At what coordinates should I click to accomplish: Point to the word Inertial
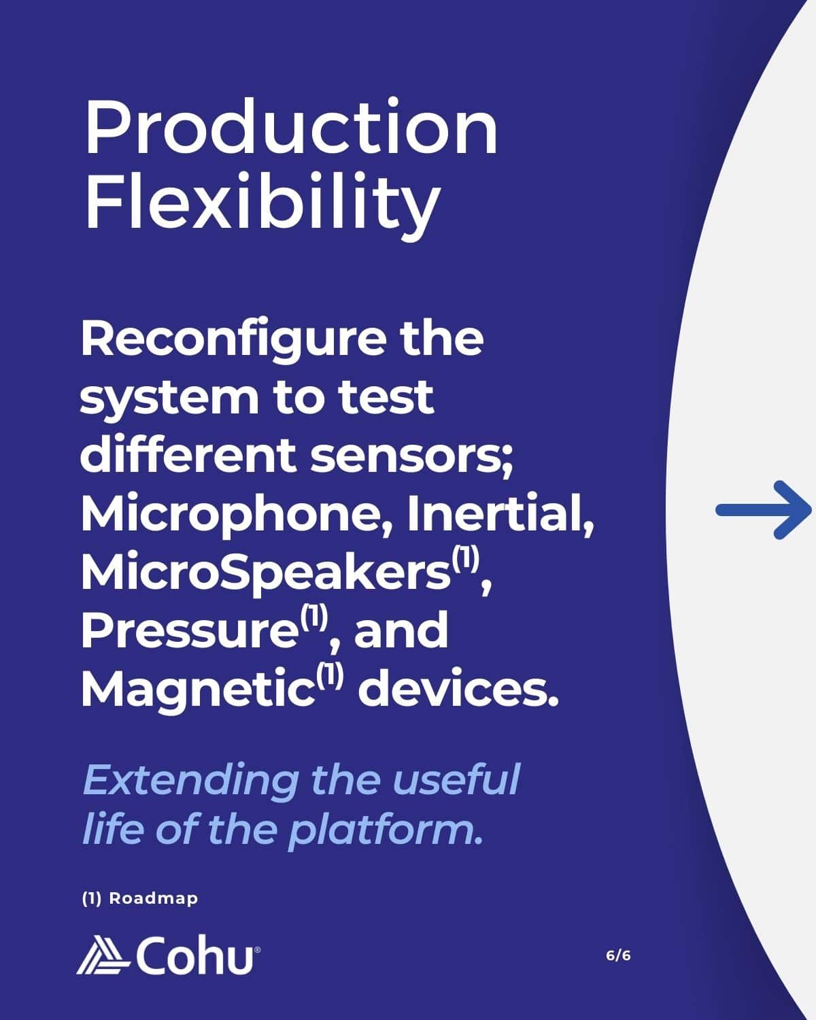coord(500,514)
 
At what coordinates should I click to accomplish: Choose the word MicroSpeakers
coord(265,573)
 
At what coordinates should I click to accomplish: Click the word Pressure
coord(189,630)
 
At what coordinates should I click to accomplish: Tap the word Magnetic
coord(198,690)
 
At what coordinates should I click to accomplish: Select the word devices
coord(458,687)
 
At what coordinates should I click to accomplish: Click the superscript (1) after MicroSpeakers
coord(465,558)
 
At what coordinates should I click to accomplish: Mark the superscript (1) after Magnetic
coord(330,675)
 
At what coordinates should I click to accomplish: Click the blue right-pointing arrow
coord(764,510)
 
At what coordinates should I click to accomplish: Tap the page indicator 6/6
coord(618,955)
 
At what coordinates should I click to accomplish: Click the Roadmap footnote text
coord(140,898)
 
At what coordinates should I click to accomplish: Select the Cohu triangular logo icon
coord(103,955)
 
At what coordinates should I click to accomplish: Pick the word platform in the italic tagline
coord(381,832)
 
